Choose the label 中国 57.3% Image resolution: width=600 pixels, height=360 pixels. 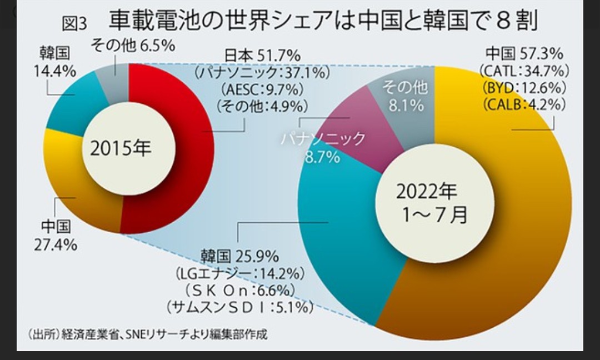click(x=524, y=54)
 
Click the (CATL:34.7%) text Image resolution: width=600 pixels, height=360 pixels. click(x=524, y=71)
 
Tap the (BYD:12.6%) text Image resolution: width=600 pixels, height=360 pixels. click(x=524, y=87)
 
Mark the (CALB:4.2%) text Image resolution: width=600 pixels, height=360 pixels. click(x=524, y=104)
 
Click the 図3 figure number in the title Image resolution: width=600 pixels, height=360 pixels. click(x=75, y=24)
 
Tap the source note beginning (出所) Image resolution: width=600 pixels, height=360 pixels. click(x=147, y=334)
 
